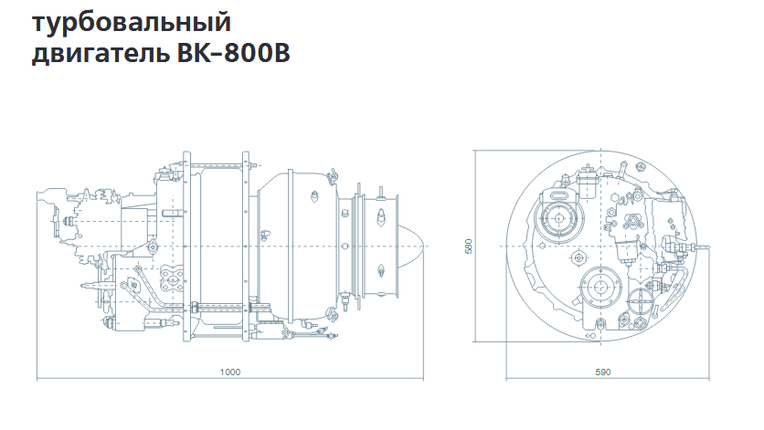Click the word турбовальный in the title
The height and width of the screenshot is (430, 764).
(132, 23)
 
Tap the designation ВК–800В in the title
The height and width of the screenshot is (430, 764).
(233, 53)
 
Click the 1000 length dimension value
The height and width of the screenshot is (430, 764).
(230, 372)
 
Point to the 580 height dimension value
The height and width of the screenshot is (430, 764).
(469, 246)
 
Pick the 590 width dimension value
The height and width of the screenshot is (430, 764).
(603, 372)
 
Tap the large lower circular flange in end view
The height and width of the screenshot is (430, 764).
(600, 287)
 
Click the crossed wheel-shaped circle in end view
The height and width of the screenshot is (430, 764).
(640, 302)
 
